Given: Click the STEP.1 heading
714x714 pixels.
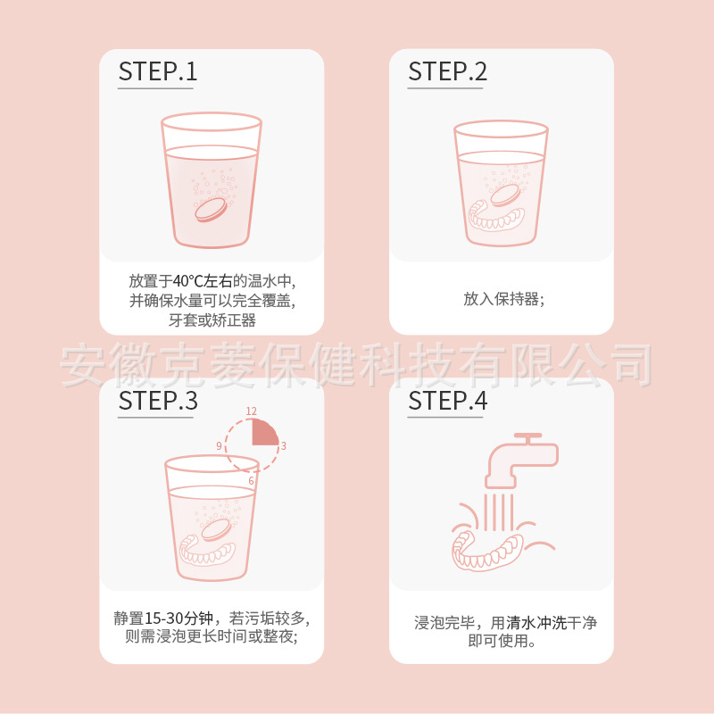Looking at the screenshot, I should tap(157, 72).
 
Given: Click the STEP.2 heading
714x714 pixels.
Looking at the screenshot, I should tap(447, 72).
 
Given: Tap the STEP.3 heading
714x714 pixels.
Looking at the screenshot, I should tap(157, 401).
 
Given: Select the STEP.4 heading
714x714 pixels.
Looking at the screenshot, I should tap(447, 401).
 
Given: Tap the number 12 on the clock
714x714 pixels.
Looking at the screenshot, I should tap(252, 411).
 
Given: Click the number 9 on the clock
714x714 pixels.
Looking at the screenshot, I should tap(219, 445).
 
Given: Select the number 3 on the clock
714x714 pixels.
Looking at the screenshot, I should tap(283, 445).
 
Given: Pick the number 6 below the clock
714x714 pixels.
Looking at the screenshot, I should tap(252, 480).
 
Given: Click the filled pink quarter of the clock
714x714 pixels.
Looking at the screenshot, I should tap(264, 433).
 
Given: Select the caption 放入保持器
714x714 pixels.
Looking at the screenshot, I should tap(502, 299).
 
